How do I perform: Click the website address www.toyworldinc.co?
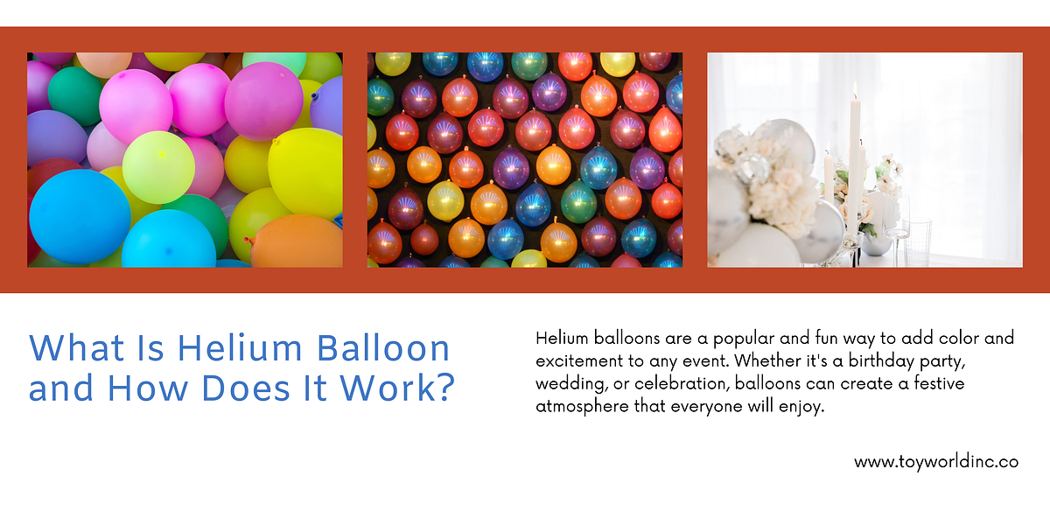click(x=936, y=462)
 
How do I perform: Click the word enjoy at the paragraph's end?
click(x=801, y=407)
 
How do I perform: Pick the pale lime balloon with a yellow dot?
click(x=157, y=166)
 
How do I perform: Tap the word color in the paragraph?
click(x=953, y=338)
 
